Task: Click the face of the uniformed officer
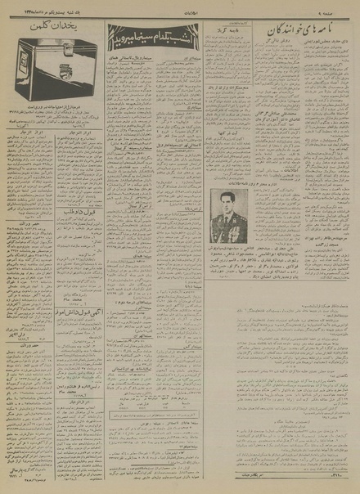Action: click(x=223, y=200)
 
